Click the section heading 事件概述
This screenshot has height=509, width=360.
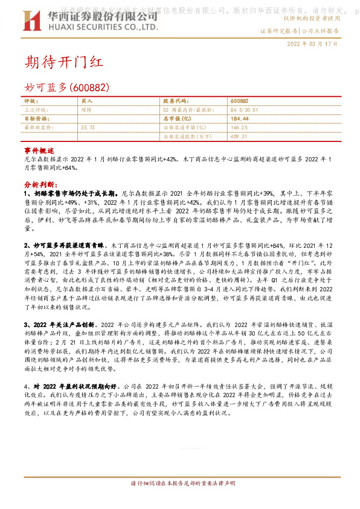[39, 149]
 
